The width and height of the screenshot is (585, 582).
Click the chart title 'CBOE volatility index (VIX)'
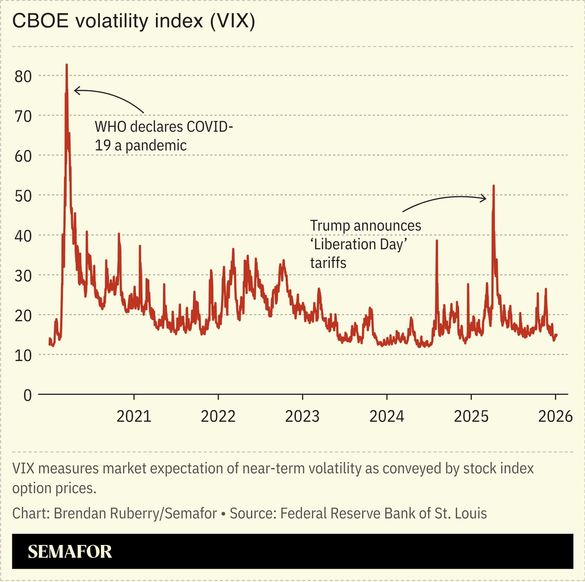coord(133,21)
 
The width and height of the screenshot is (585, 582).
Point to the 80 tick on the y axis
coord(23,76)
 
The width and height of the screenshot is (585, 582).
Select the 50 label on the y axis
coord(23,196)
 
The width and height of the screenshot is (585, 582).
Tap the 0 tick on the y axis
coord(27,395)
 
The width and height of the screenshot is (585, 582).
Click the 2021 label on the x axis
coord(134,416)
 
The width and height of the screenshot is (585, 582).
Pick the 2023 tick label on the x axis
coord(302,416)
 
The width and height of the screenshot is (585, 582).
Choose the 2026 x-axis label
coord(555,416)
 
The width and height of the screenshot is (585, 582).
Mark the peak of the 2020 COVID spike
coord(67,65)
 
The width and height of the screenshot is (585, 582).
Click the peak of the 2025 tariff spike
coord(494,186)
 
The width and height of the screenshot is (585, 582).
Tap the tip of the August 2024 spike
coord(437,241)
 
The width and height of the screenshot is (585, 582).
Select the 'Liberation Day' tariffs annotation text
coord(366,244)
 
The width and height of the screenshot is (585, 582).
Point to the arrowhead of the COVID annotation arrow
coord(75,90)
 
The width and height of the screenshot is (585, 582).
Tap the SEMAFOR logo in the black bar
coord(70,552)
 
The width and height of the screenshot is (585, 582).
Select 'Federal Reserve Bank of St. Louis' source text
coord(383,513)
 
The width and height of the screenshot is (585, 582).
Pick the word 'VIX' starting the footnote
coord(23,468)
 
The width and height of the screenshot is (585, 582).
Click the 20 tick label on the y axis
coord(23,315)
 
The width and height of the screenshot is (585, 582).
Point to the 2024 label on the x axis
coord(386,416)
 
